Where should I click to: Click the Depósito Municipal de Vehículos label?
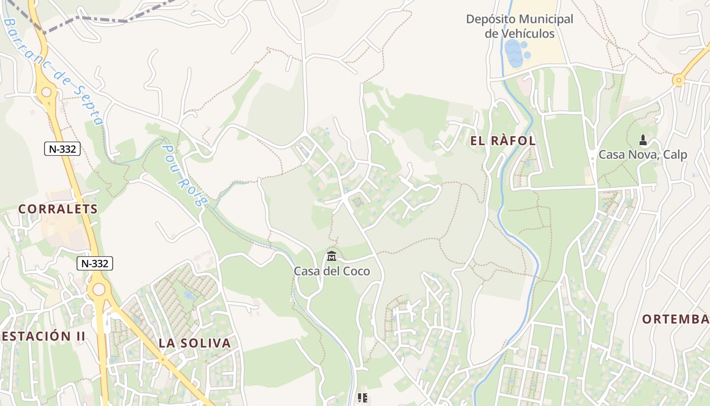pyautogui.click(x=519, y=26)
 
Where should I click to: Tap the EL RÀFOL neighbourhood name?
pyautogui.click(x=503, y=141)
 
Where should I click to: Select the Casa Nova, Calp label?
pyautogui.click(x=643, y=155)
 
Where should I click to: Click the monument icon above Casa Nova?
pyautogui.click(x=643, y=140)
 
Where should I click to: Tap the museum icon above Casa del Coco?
pyautogui.click(x=332, y=256)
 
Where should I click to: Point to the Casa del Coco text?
pyautogui.click(x=332, y=271)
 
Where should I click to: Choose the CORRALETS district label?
pyautogui.click(x=58, y=209)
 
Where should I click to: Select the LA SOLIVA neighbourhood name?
pyautogui.click(x=195, y=343)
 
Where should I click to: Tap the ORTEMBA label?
pyautogui.click(x=676, y=319)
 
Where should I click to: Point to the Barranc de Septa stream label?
pyautogui.click(x=53, y=71)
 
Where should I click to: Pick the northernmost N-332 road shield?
pyautogui.click(x=62, y=149)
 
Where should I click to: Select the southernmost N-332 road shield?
pyautogui.click(x=95, y=263)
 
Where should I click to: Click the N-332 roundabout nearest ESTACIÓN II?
pyautogui.click(x=99, y=289)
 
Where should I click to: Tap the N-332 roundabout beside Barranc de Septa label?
pyautogui.click(x=47, y=92)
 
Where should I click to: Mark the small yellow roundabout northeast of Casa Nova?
pyautogui.click(x=679, y=80)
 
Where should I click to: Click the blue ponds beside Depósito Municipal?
pyautogui.click(x=515, y=54)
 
